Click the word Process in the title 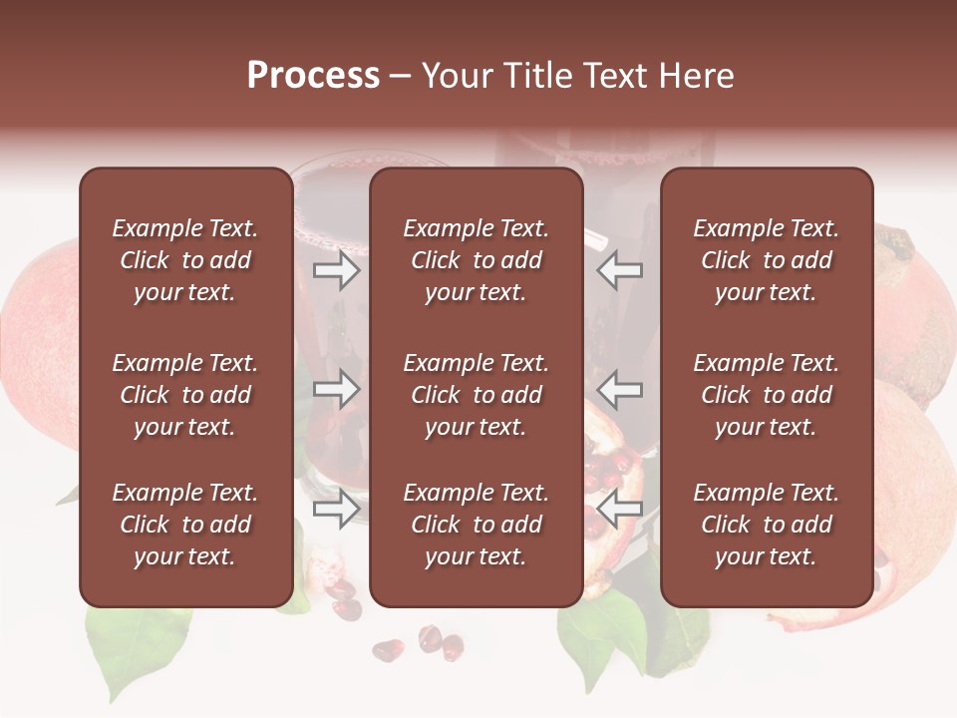(x=313, y=76)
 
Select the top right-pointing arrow (x=336, y=270)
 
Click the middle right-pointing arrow (x=336, y=389)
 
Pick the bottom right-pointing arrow (x=336, y=509)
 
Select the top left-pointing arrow (x=620, y=270)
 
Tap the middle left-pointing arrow (x=620, y=389)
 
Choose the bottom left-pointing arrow (x=620, y=509)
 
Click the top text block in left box (x=185, y=260)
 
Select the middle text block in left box (x=185, y=395)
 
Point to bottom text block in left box (x=185, y=525)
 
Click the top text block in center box (x=477, y=260)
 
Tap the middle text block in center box (x=477, y=395)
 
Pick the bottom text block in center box (x=477, y=525)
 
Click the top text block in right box (x=767, y=260)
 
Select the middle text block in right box (x=767, y=395)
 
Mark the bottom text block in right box (x=767, y=525)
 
